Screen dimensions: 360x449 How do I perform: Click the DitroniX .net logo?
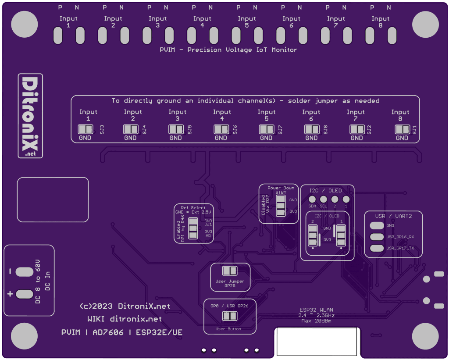[x=30, y=116]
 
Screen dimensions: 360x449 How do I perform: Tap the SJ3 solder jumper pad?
[x=85, y=129]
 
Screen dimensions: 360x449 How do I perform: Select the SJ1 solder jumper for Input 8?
[x=402, y=129]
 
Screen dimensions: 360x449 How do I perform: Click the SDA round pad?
[x=312, y=199]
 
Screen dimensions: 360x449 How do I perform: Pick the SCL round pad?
[x=324, y=199]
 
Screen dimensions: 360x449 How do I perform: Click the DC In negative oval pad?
[x=24, y=272]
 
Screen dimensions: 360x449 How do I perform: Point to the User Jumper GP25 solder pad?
[x=230, y=271]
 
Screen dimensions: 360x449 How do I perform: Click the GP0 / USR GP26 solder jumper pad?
[x=229, y=316]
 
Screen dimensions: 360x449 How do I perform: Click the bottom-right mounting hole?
[x=425, y=336]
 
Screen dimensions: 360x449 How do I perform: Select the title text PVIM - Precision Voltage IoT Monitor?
[x=228, y=50]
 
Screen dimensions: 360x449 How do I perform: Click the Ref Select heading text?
[x=193, y=207]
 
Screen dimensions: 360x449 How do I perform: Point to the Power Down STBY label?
[x=281, y=190]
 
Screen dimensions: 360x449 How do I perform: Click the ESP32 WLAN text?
[x=316, y=310]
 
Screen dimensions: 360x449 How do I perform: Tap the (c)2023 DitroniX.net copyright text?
[x=125, y=306]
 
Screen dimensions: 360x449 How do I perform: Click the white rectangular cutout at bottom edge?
[x=316, y=341]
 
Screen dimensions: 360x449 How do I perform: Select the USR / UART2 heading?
[x=393, y=216]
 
